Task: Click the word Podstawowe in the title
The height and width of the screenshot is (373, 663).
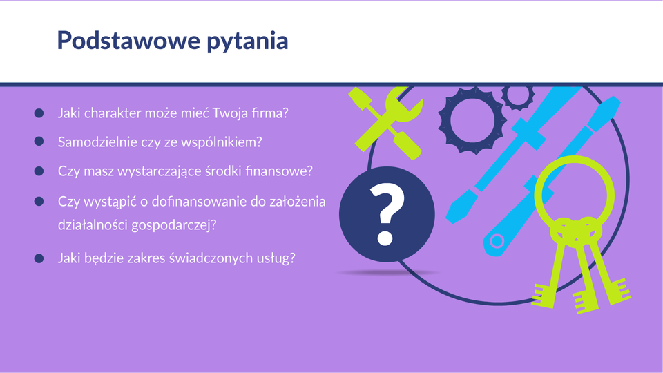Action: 128,40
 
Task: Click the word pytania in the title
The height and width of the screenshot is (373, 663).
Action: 247,42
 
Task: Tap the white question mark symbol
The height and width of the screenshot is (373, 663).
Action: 387,214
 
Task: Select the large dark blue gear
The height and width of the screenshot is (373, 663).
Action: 472,120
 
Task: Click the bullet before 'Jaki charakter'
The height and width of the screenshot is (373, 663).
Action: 39,113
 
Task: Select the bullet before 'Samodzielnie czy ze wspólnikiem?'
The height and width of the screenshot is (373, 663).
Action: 39,141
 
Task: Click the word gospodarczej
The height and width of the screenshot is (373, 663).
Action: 174,225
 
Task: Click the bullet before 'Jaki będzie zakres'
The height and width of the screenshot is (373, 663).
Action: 39,258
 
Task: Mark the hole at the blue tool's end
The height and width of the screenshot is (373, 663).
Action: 497,241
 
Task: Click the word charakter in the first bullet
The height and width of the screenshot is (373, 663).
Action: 113,113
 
